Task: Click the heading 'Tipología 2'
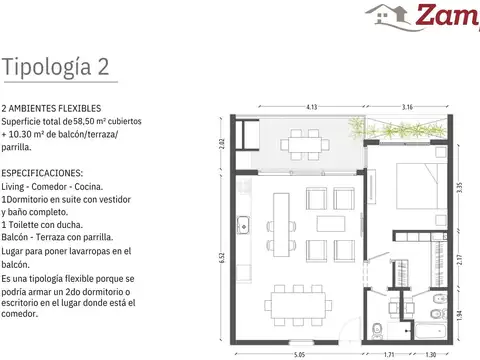coord(56,68)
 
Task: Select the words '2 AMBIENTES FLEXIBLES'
coord(51,107)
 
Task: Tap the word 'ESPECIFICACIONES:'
coord(43,173)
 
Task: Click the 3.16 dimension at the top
coord(407,105)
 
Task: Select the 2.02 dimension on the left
coord(222,141)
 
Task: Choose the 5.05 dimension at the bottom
coord(298,354)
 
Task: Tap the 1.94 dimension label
coord(457,315)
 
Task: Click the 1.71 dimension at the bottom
coord(391,354)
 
